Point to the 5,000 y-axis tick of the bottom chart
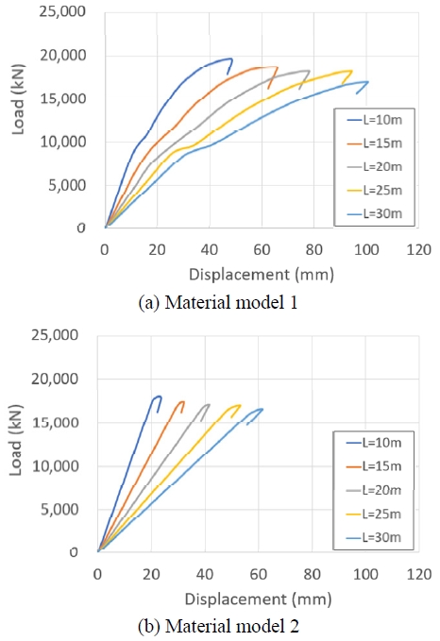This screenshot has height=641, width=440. point(61,509)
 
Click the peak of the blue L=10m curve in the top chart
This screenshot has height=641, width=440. point(230,59)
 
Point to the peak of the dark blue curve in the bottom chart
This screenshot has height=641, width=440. point(159,396)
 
